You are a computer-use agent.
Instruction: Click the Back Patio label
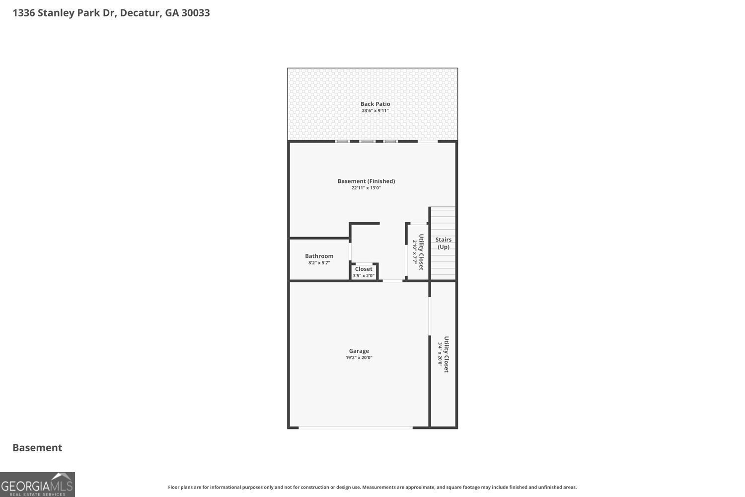click(x=375, y=104)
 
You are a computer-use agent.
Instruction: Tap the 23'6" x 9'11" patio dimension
click(x=375, y=111)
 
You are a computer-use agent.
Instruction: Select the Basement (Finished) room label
click(x=366, y=181)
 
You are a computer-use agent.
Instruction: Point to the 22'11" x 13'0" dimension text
click(x=366, y=188)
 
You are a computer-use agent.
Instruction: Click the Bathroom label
click(x=319, y=256)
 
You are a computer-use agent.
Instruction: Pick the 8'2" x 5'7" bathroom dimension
click(x=319, y=263)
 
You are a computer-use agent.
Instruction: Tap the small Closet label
click(x=364, y=269)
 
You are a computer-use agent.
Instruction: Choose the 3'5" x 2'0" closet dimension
click(x=364, y=276)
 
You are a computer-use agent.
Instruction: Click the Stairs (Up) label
click(x=443, y=243)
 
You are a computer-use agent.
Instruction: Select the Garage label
click(x=359, y=351)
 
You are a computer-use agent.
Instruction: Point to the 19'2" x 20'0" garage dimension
click(x=359, y=358)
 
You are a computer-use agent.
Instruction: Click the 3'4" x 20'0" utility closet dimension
click(x=440, y=354)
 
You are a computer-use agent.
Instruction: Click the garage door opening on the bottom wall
click(x=355, y=427)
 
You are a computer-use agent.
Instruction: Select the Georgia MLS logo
click(x=37, y=485)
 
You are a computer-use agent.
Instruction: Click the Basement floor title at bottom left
click(x=37, y=447)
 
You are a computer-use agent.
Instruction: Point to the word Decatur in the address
click(x=140, y=13)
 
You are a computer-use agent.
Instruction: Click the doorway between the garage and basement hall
click(x=392, y=281)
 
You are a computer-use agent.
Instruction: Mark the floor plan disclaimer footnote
click(x=372, y=488)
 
